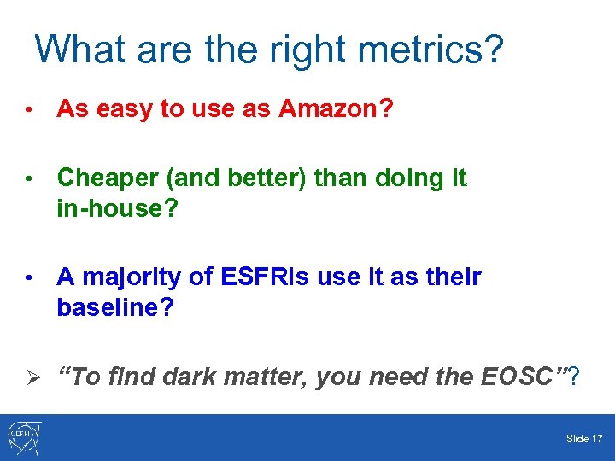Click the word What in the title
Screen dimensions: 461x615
(81, 50)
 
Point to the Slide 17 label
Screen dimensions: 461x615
(584, 439)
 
